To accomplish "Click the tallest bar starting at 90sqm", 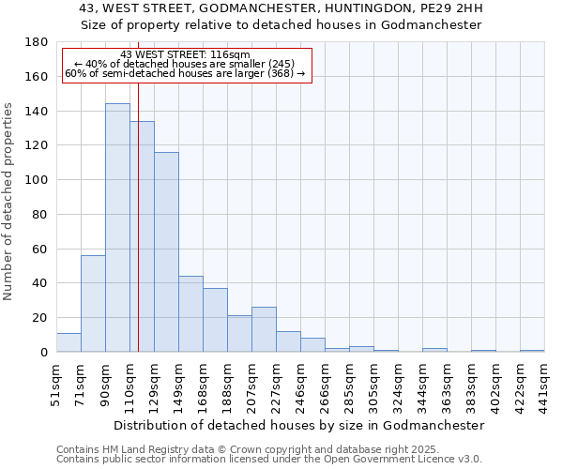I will [x=117, y=228].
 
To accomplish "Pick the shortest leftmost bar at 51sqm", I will [x=68, y=342].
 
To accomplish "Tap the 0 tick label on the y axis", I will [x=43, y=352].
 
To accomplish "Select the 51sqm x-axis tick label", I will [x=57, y=383].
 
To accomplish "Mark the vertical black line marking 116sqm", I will [x=138, y=234].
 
